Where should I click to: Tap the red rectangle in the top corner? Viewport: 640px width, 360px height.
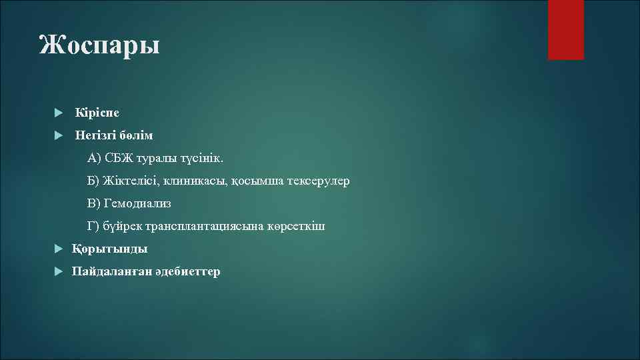[x=565, y=29]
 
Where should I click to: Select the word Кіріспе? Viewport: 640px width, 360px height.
[x=97, y=113]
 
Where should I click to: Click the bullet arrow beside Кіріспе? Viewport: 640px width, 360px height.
[x=59, y=113]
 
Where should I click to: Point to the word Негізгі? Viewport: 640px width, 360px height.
[x=95, y=135]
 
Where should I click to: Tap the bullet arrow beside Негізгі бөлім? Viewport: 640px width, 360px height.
[x=59, y=135]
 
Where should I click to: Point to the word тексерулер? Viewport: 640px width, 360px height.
[x=318, y=181]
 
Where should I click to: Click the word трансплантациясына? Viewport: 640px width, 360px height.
[x=195, y=226]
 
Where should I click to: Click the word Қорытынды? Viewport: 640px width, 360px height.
[x=110, y=249]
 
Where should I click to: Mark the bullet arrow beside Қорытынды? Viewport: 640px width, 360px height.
[x=59, y=249]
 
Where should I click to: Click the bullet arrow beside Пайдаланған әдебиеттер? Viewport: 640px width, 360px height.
[x=59, y=271]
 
